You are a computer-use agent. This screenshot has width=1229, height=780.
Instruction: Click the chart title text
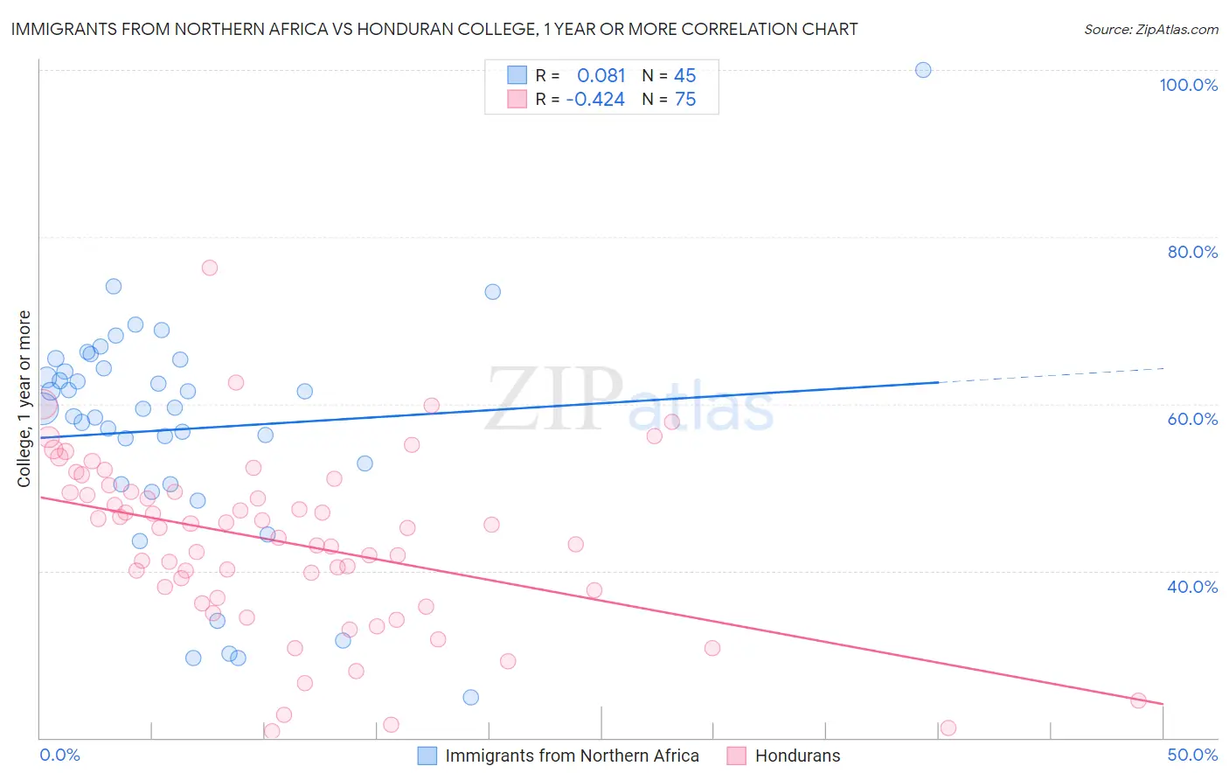click(x=433, y=29)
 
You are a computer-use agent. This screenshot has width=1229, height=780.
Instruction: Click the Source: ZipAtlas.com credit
click(x=1150, y=29)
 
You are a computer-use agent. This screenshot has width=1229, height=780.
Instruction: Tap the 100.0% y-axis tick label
click(x=1188, y=85)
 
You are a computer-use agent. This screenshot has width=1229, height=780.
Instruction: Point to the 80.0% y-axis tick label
click(x=1192, y=252)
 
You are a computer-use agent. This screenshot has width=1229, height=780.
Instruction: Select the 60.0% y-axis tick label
click(x=1192, y=419)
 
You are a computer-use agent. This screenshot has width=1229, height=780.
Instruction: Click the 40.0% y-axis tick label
click(x=1192, y=587)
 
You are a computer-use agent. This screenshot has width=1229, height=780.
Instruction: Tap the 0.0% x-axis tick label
click(x=59, y=755)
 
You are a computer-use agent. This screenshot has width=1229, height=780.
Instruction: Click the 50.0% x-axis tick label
click(x=1192, y=755)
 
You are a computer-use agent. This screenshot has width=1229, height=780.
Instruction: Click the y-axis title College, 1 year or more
click(x=24, y=399)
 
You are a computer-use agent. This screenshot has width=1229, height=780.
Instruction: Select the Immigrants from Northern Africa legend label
click(x=572, y=756)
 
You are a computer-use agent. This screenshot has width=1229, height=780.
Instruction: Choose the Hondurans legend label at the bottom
click(x=797, y=756)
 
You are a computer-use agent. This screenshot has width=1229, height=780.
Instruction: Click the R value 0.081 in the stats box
click(x=601, y=76)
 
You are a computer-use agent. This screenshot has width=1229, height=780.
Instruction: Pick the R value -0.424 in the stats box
click(x=595, y=100)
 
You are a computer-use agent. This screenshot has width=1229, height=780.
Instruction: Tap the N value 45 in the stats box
click(x=684, y=76)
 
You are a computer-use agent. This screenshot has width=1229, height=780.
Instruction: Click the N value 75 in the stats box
click(x=684, y=100)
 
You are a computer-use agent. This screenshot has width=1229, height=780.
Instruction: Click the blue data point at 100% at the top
click(x=923, y=70)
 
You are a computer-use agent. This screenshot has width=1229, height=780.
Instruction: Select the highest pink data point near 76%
click(x=210, y=268)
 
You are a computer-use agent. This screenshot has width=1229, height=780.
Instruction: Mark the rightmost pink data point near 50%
click(x=1138, y=700)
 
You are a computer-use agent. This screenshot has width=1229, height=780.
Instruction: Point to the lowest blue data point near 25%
click(x=471, y=697)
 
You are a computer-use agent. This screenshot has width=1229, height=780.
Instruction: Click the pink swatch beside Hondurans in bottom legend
click(x=737, y=756)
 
